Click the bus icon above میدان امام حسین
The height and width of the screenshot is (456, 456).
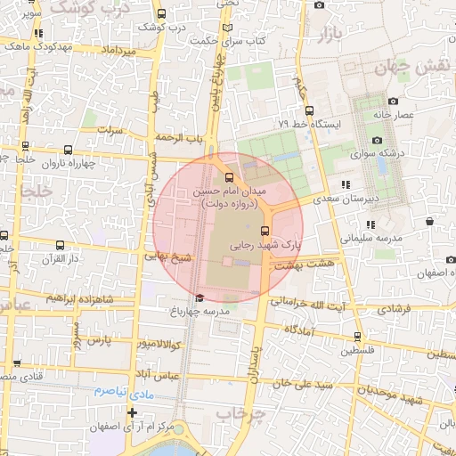pyautogui.click(x=231, y=175)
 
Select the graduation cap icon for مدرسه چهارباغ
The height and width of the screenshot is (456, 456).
pyautogui.click(x=200, y=297)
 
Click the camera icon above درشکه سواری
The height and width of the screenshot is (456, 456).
pyautogui.click(x=377, y=141)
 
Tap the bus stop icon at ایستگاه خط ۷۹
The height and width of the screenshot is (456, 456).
pyautogui.click(x=309, y=111)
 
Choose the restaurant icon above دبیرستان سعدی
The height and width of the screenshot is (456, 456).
pyautogui.click(x=345, y=185)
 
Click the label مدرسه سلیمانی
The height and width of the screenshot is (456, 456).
pyautogui.click(x=374, y=238)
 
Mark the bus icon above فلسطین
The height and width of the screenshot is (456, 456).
pyautogui.click(x=357, y=336)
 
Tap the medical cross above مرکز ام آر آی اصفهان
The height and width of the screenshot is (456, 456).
pyautogui.click(x=133, y=412)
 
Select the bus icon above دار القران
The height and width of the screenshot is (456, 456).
pyautogui.click(x=60, y=244)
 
